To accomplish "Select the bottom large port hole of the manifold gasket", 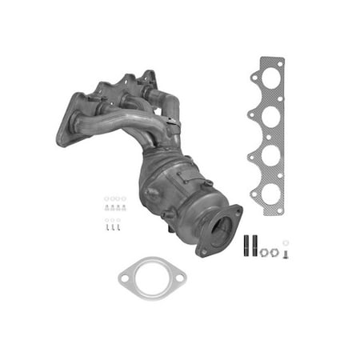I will pyautogui.click(x=271, y=193).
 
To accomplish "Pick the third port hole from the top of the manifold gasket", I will pyautogui.click(x=270, y=156).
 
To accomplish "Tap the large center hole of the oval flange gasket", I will pyautogui.click(x=152, y=278).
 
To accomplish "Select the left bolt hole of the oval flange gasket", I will pyautogui.click(x=125, y=279).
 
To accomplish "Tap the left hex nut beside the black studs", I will pyautogui.click(x=265, y=253).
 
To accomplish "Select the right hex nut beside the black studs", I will pyautogui.click(x=275, y=252).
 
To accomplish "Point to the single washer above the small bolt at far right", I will pyautogui.click(x=286, y=243).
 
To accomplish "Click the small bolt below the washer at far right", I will pyautogui.click(x=286, y=254).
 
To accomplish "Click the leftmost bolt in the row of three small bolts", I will pyautogui.click(x=108, y=227).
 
